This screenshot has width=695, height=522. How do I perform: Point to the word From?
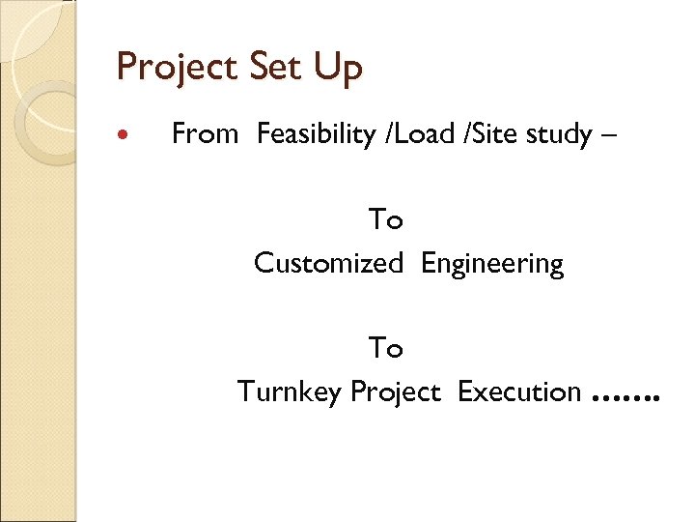pos(204,133)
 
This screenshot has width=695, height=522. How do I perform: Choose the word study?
pos(560,135)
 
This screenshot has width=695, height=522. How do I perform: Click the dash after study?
pos(605,135)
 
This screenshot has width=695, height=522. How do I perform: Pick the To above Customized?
pos(385,220)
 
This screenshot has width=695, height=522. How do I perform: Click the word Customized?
pos(328,263)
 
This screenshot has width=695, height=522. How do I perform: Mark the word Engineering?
pos(492,264)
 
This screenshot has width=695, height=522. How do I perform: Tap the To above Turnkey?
pos(385,348)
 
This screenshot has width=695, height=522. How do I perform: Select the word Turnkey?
pos(290,392)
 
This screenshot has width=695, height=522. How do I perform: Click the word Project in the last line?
pos(396,392)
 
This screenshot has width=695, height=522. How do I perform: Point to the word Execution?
pos(519,391)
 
